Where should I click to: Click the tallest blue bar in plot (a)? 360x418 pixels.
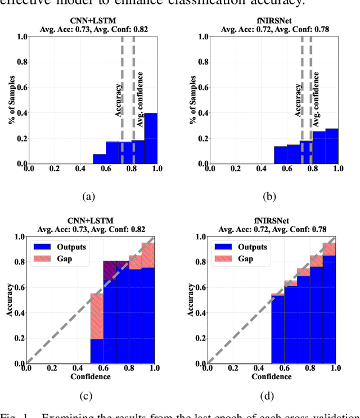pyautogui.click(x=150, y=139)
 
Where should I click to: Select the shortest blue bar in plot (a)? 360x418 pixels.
pyautogui.click(x=99, y=159)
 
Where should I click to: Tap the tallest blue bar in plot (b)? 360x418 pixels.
pyautogui.click(x=332, y=146)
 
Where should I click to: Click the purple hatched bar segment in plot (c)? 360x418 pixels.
pyautogui.click(x=109, y=270)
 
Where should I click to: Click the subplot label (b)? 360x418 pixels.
pyautogui.click(x=271, y=197)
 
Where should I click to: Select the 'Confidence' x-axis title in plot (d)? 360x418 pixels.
pyautogui.click(x=272, y=376)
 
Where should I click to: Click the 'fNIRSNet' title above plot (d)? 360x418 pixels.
pyautogui.click(x=272, y=220)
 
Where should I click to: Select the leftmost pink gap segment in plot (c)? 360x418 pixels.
pyautogui.click(x=97, y=316)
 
